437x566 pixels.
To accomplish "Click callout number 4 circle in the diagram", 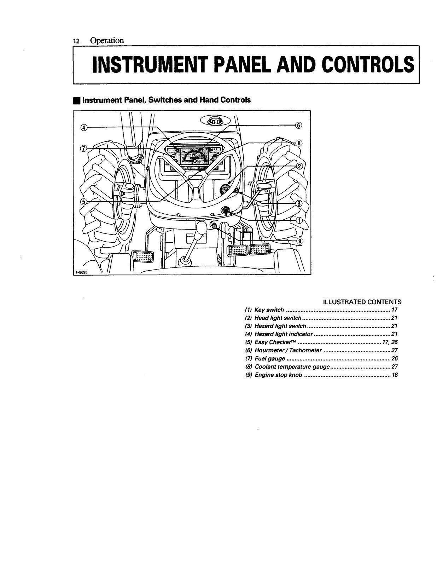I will tap(83, 128).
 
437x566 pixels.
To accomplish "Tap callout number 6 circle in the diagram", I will tap(298, 125).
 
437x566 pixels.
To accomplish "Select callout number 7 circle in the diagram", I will tap(83, 148).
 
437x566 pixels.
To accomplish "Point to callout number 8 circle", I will tap(299, 143).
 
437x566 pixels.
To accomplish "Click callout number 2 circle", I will tap(299, 166).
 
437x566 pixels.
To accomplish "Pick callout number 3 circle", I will tap(299, 203).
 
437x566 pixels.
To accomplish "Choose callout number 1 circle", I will tap(299, 220).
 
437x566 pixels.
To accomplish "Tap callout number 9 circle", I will tap(300, 241).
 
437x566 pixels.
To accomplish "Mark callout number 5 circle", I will tap(83, 202).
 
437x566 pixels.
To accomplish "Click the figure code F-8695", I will tap(81, 272).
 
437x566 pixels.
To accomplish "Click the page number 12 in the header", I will tap(76, 41).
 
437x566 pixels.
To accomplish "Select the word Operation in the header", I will tap(107, 41).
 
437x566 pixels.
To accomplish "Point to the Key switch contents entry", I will tap(269, 310).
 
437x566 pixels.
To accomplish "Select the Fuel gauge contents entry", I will tap(269, 359).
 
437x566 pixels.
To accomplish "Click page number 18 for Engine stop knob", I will tap(395, 375).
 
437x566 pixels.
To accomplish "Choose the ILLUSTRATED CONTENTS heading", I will tap(362, 302).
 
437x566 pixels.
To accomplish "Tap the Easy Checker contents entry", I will tap(275, 342).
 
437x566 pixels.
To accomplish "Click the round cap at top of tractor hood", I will tap(214, 120).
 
